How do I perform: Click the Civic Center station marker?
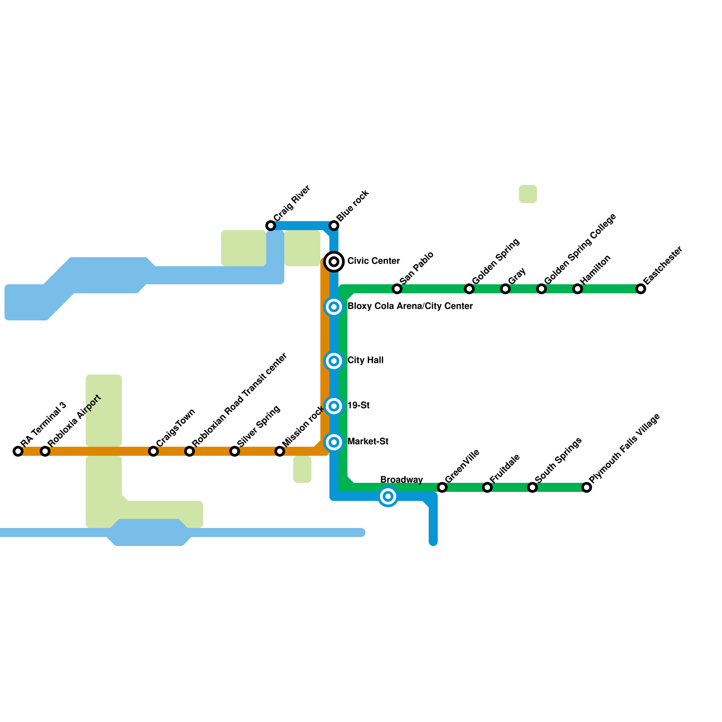(x=334, y=262)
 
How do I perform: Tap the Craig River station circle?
(x=271, y=226)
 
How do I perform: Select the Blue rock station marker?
(x=334, y=226)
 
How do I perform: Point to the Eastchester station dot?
(x=641, y=289)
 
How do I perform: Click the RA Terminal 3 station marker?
(x=18, y=451)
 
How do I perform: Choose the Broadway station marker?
(x=388, y=496)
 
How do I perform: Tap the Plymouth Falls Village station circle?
(x=587, y=487)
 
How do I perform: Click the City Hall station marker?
(x=334, y=361)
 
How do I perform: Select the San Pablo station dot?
(x=397, y=289)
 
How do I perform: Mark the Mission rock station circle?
(x=280, y=451)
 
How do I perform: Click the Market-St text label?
(x=368, y=442)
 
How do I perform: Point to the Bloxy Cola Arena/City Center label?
(x=410, y=306)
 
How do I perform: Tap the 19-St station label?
(x=359, y=406)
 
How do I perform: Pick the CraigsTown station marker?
(x=153, y=451)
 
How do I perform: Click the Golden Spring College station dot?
(x=541, y=289)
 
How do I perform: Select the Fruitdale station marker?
(x=487, y=487)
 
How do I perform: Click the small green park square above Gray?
(x=528, y=194)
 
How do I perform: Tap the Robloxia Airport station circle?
(x=45, y=451)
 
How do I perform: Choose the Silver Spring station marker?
(x=235, y=451)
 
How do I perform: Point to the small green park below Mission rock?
(x=302, y=469)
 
